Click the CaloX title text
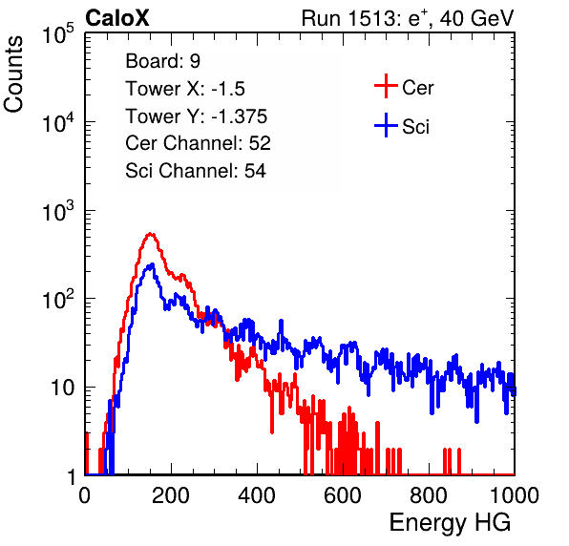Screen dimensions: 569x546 [116, 18]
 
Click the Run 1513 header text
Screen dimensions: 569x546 [408, 18]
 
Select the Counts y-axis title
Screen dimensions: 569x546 [13, 74]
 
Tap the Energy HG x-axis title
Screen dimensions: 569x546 [450, 523]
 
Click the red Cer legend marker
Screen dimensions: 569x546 [386, 86]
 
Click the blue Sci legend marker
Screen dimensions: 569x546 [386, 126]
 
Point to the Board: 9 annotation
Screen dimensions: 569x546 [162, 61]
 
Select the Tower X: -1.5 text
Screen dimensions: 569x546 [185, 89]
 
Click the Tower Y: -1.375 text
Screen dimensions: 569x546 [197, 116]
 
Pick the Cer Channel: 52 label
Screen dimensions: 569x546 [199, 143]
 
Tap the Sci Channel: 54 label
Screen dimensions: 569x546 [196, 171]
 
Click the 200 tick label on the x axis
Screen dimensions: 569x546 [171, 495]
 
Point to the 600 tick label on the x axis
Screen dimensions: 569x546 [343, 495]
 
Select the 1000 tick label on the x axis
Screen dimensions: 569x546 [515, 495]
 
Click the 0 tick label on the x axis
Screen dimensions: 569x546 [85, 495]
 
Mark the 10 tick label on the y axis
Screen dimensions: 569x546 [63, 388]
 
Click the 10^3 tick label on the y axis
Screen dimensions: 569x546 [58, 211]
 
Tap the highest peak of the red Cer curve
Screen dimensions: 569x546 [151, 234]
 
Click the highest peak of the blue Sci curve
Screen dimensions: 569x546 [152, 264]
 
